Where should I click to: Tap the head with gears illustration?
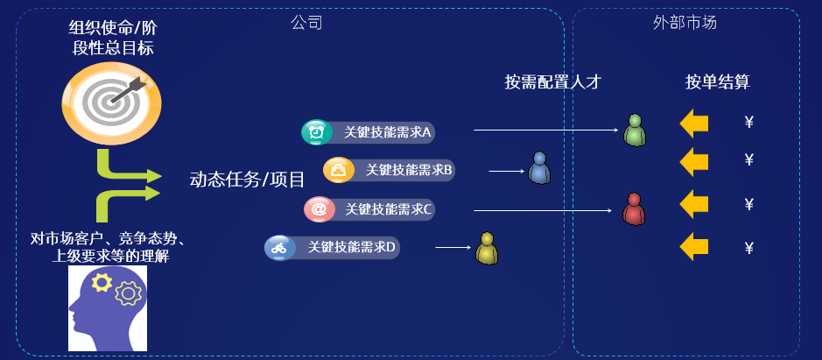click(109, 307)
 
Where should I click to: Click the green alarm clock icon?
click(314, 132)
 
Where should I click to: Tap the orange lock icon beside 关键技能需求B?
click(336, 170)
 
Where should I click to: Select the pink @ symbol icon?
click(318, 209)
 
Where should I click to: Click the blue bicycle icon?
click(278, 248)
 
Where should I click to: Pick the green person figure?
click(634, 131)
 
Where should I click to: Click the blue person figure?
click(539, 168)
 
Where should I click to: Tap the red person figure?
click(633, 209)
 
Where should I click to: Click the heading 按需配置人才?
click(553, 82)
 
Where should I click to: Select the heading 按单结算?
click(717, 82)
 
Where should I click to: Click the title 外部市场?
click(685, 23)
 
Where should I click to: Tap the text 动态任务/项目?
click(247, 180)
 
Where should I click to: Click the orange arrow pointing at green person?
click(693, 124)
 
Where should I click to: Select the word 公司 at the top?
click(306, 23)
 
